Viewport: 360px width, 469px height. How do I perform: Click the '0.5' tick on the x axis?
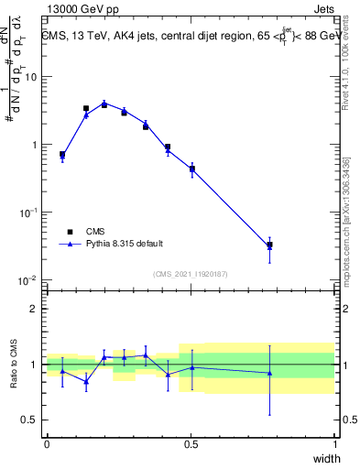tap(191, 444)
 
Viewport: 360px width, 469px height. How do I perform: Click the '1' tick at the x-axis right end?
tap(335, 444)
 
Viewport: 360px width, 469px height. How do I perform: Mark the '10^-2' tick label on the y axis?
tap(28, 279)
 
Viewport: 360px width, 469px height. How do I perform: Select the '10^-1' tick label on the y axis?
tap(28, 212)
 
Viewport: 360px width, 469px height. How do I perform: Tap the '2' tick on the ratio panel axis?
tap(36, 309)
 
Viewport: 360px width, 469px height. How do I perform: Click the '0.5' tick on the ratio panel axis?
tap(31, 420)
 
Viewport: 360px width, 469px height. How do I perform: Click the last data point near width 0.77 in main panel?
tap(269, 245)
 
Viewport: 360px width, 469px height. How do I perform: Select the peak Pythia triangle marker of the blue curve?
tap(104, 104)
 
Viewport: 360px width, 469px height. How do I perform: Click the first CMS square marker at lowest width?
tap(62, 154)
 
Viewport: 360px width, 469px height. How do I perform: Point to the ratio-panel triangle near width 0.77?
tap(269, 373)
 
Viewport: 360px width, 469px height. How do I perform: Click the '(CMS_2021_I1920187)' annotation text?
tap(190, 274)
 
